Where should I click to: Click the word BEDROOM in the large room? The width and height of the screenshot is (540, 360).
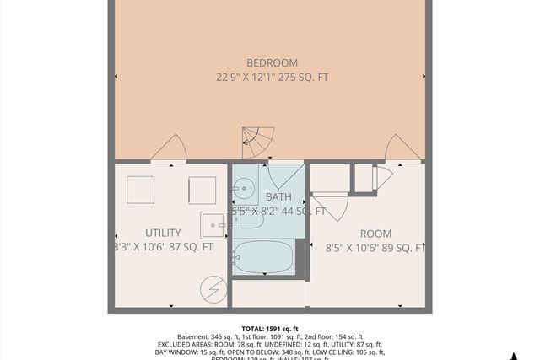(272, 62)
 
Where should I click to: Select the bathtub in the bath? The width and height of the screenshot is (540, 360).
(263, 256)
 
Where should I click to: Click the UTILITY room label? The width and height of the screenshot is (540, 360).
(163, 232)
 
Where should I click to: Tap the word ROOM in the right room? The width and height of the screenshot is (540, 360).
(376, 233)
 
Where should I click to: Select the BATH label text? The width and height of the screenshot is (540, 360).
(278, 197)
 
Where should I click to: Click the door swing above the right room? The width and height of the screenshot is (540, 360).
(402, 148)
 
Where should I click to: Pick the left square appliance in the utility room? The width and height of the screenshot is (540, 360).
(140, 190)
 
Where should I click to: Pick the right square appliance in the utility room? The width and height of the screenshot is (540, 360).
(202, 190)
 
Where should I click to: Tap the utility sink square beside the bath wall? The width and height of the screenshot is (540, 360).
(213, 225)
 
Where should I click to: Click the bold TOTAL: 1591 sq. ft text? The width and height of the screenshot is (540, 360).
(270, 329)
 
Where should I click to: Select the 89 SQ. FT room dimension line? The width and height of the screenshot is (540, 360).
(374, 248)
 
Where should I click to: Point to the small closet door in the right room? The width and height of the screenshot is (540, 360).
(381, 178)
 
